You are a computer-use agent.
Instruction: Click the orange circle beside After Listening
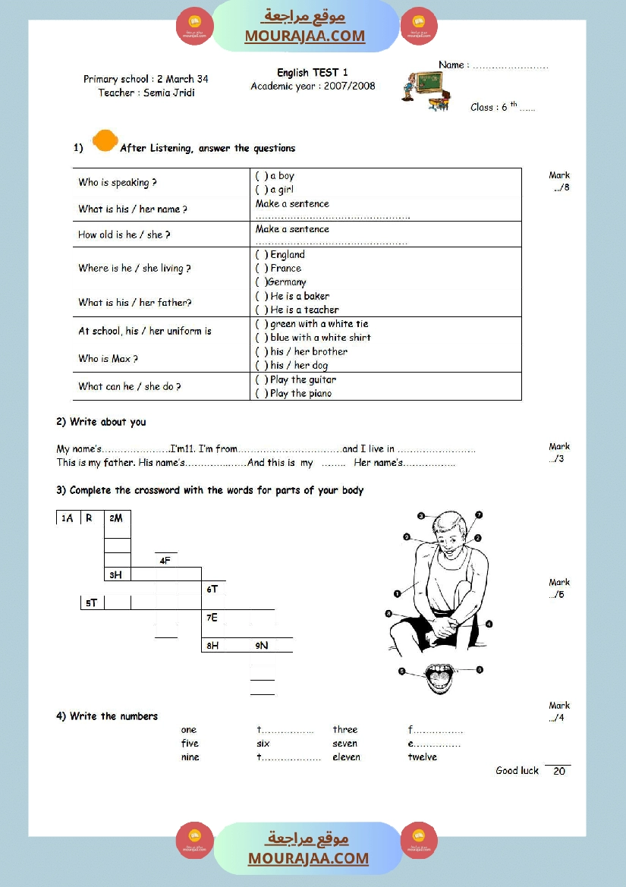click(x=104, y=141)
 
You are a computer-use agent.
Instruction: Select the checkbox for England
click(x=261, y=255)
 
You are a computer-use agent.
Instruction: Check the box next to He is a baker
click(x=261, y=296)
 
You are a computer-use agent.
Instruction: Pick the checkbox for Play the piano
click(x=261, y=394)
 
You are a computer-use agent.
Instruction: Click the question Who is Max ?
click(x=109, y=359)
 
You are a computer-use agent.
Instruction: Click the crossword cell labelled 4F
click(x=166, y=561)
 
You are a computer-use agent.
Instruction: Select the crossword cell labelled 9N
click(x=263, y=646)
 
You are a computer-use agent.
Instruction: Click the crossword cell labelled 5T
click(x=93, y=603)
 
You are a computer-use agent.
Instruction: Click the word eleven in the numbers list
click(x=347, y=757)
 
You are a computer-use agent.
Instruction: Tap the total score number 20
click(x=559, y=772)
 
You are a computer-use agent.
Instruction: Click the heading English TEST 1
click(x=313, y=73)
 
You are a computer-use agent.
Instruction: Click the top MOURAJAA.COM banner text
click(x=305, y=36)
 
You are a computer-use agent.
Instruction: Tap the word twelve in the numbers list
click(x=423, y=757)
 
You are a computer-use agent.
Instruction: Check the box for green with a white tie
click(x=261, y=324)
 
